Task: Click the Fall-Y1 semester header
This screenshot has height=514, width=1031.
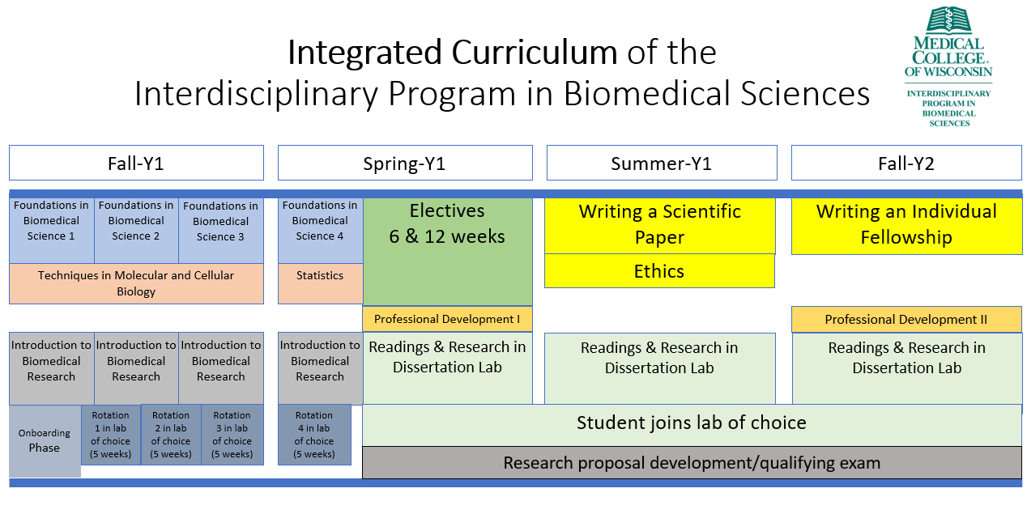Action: pos(136,163)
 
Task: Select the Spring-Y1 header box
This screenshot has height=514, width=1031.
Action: pos(405,163)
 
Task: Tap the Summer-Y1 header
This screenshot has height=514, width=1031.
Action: pos(662,163)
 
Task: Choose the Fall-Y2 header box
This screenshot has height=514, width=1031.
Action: pos(906,163)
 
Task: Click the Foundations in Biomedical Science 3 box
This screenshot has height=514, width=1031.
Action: pos(221,231)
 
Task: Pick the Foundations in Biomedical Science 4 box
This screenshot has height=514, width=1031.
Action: pos(321,231)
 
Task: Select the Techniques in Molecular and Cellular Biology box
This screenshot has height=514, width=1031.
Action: pos(136,283)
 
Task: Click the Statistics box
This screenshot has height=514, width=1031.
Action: pos(321,283)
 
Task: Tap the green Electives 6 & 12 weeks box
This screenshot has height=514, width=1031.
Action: pos(447,252)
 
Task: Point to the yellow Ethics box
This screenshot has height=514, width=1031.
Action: pos(659,271)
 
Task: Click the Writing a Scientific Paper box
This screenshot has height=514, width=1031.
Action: pos(660,226)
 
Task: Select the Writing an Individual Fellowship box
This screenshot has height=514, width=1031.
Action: pos(907,226)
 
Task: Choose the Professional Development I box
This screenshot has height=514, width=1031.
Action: pos(447,319)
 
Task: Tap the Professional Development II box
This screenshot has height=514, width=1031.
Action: pos(907,320)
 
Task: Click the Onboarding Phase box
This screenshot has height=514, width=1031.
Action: pos(45,441)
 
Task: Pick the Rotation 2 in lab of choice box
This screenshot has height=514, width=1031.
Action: pos(171,435)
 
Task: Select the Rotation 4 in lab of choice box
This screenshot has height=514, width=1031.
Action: pos(314,435)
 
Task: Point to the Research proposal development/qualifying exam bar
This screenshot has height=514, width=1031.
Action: pos(692,462)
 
